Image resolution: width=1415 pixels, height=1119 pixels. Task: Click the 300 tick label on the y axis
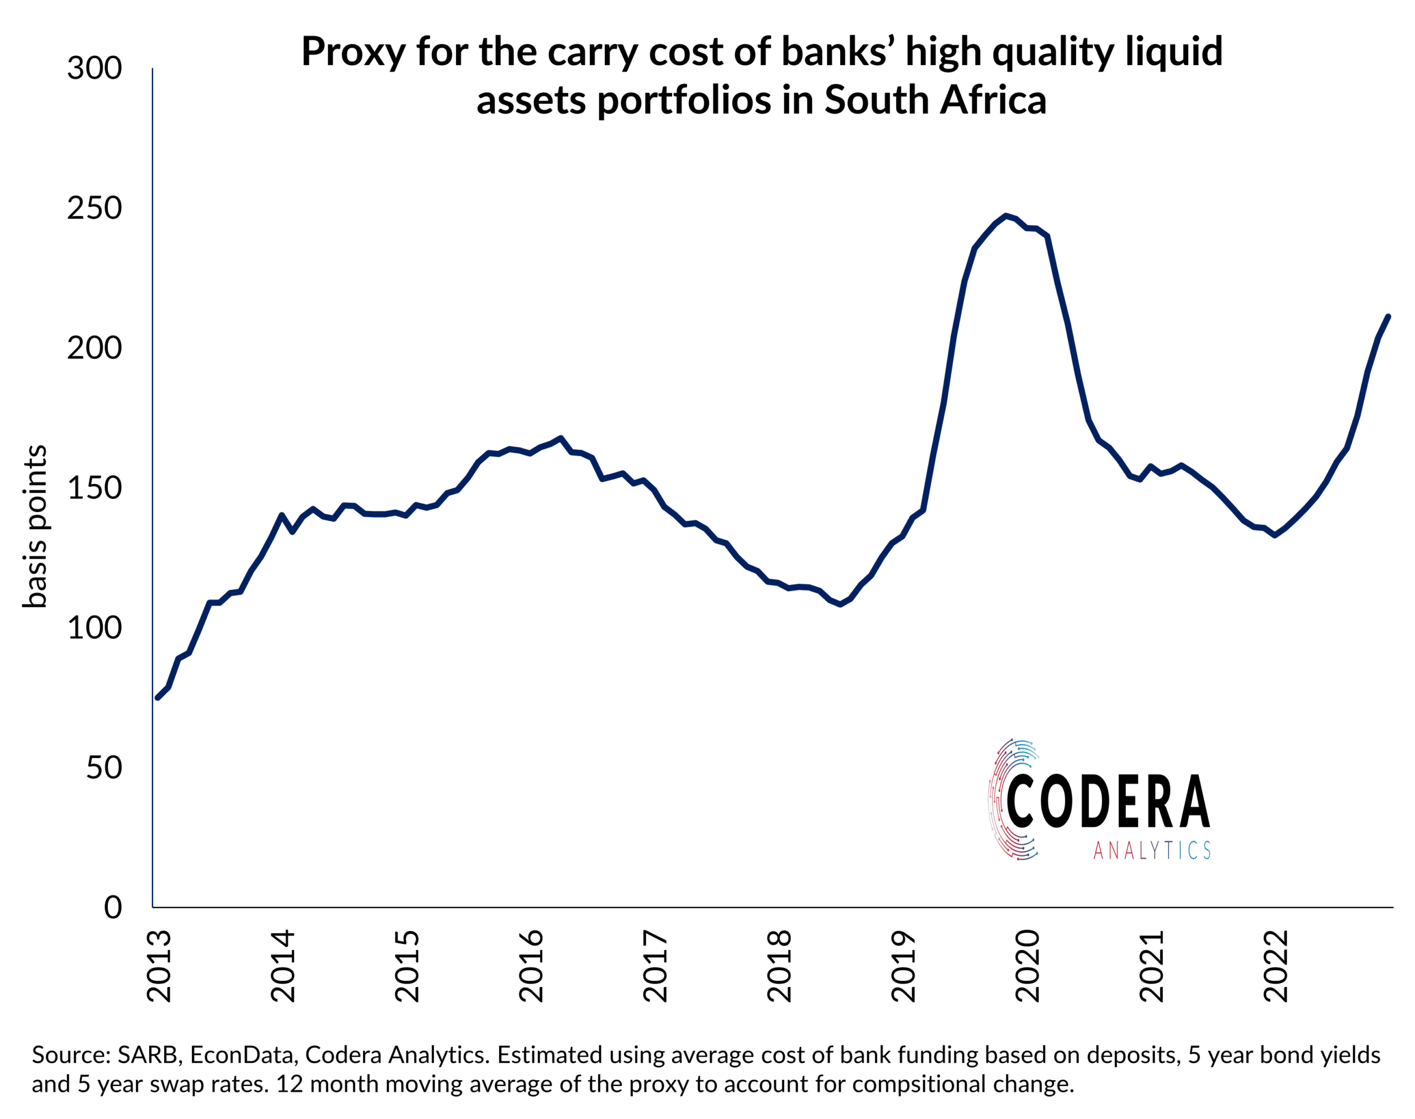(95, 68)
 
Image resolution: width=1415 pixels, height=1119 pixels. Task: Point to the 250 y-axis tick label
(95, 208)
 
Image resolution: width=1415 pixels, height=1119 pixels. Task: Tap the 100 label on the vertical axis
(95, 628)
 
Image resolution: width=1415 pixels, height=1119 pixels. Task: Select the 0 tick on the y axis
(113, 908)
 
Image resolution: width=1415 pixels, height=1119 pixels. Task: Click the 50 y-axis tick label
(103, 768)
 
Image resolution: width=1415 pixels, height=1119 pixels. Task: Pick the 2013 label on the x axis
(159, 966)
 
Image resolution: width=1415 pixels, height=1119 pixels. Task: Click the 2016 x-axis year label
(531, 966)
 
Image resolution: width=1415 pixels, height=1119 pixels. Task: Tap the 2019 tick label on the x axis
(903, 966)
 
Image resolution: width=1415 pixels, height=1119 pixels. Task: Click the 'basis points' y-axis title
(35, 527)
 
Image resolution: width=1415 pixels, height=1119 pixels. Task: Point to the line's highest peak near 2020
(1005, 216)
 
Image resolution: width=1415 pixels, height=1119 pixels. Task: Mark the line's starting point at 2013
(157, 698)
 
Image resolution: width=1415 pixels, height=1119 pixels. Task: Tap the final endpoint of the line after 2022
(1388, 316)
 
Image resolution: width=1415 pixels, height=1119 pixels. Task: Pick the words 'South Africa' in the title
(935, 100)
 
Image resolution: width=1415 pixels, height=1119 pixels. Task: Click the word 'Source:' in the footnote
(71, 1055)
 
